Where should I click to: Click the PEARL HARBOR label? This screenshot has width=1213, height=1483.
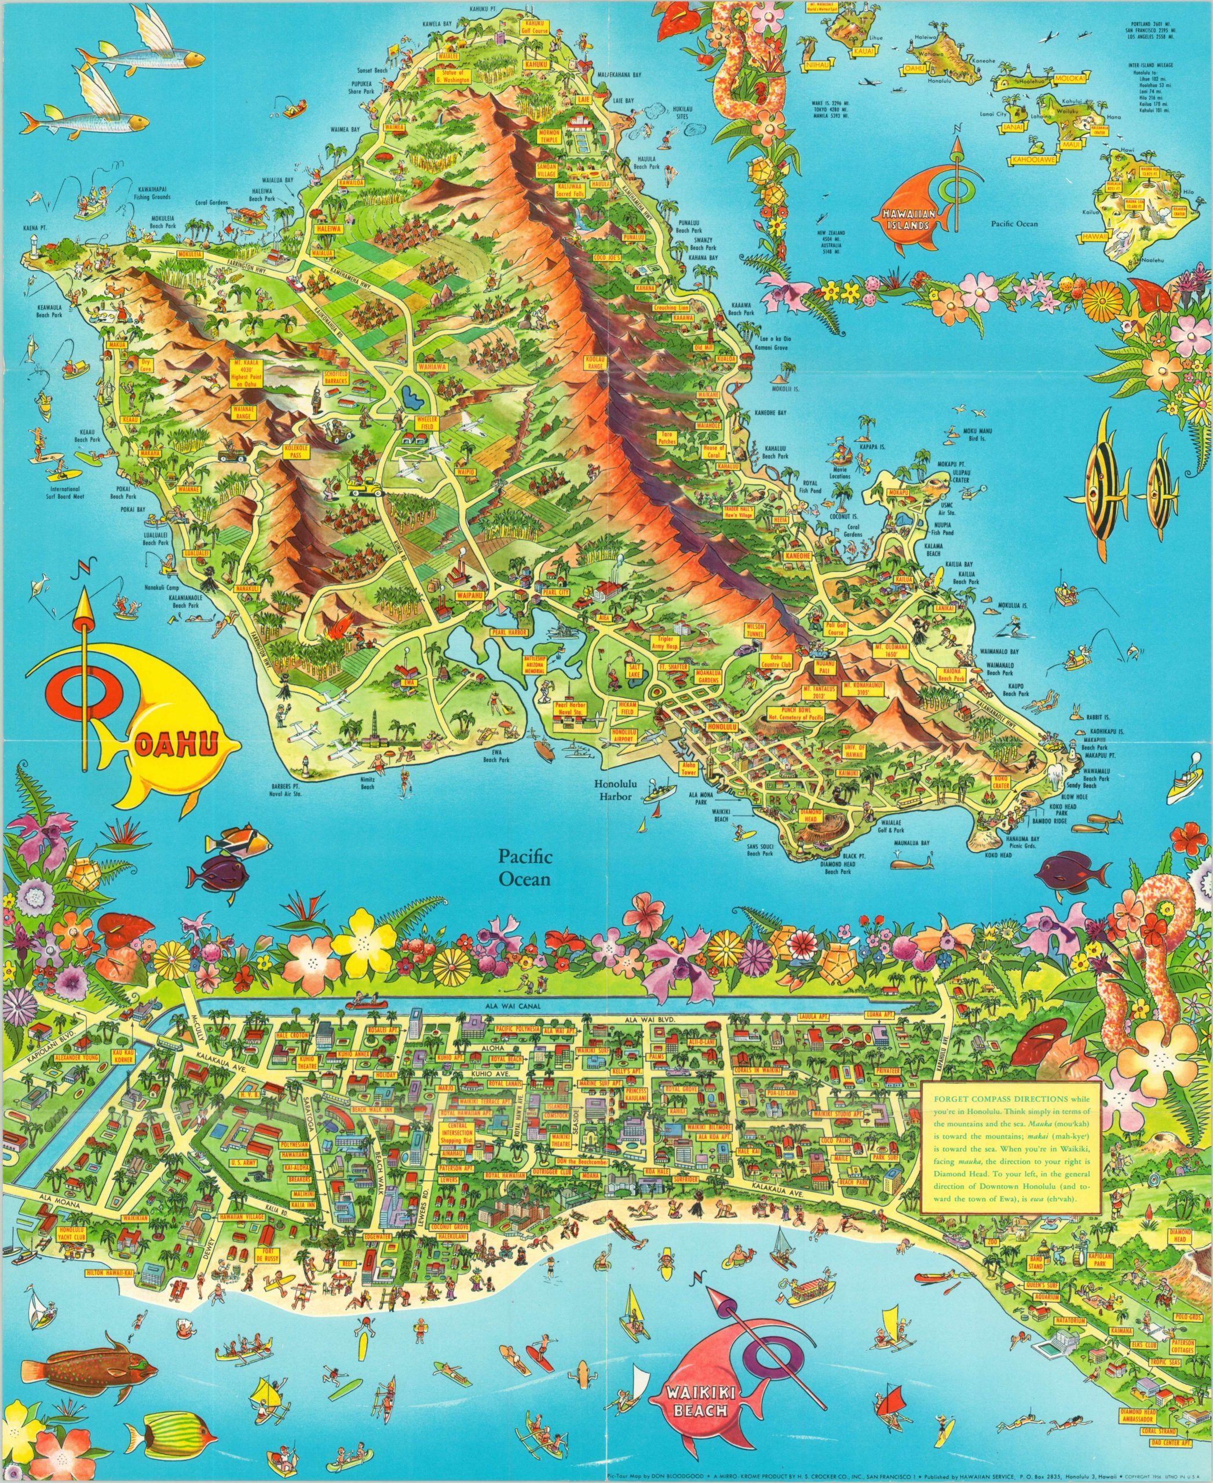point(511,632)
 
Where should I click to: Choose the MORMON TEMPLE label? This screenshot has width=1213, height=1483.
point(549,136)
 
